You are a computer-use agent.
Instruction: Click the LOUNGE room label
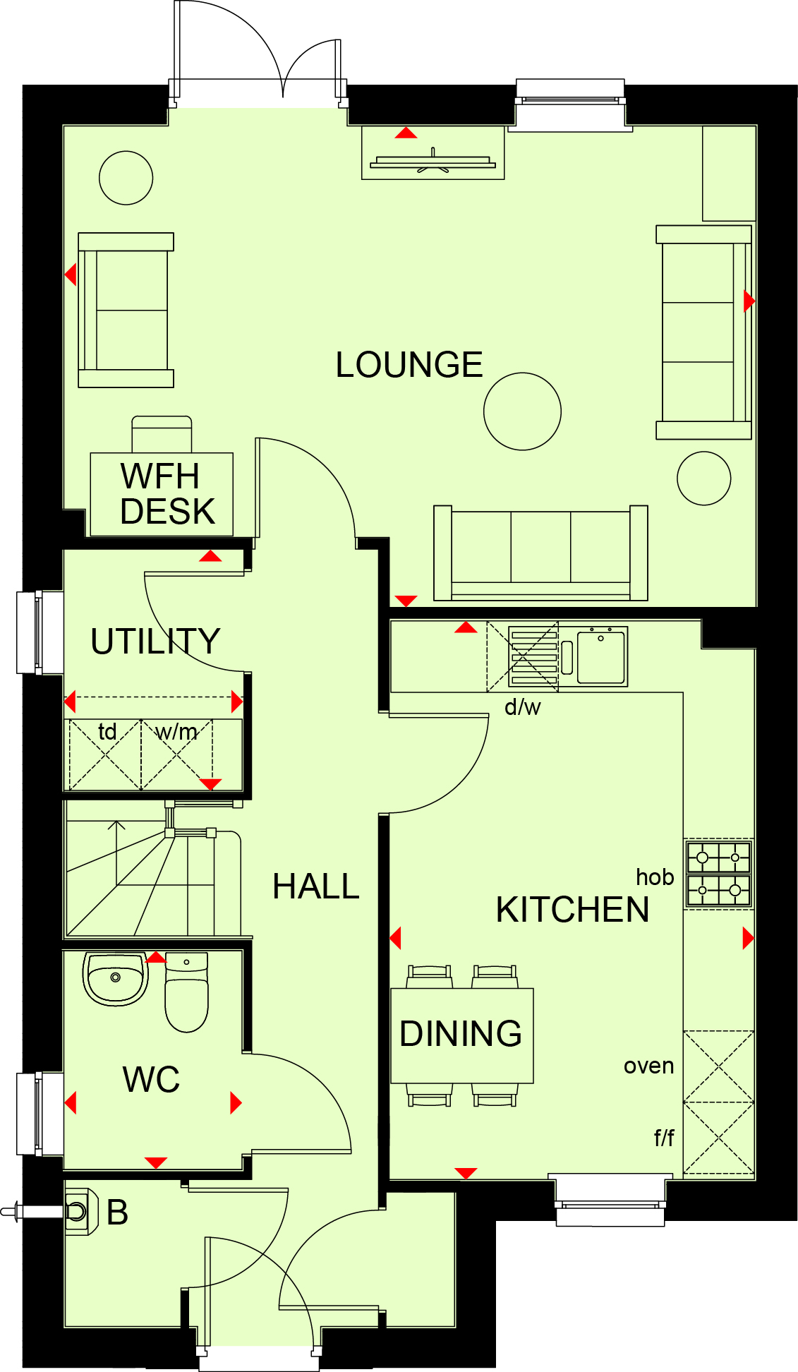(x=409, y=365)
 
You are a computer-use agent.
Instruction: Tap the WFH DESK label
(x=167, y=493)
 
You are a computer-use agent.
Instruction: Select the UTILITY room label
(x=155, y=641)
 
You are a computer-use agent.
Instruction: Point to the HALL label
(x=316, y=886)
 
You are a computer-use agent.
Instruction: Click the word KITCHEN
(x=572, y=910)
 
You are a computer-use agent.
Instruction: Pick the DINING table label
(x=461, y=1034)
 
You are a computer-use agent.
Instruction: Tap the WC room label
(x=151, y=1079)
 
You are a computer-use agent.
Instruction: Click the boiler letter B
(x=117, y=1212)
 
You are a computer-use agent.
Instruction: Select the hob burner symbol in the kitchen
(x=719, y=874)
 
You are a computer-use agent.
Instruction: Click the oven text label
(x=648, y=1066)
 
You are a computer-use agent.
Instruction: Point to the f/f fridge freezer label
(x=664, y=1137)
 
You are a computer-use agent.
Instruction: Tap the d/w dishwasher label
(x=523, y=706)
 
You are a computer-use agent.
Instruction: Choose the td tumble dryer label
(x=107, y=731)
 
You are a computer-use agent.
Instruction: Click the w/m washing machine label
(x=176, y=732)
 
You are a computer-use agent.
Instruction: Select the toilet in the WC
(x=186, y=992)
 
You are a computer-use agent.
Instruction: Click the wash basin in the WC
(x=116, y=979)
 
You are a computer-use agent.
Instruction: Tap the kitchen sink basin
(x=601, y=658)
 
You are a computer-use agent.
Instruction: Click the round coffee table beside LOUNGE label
(x=522, y=411)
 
